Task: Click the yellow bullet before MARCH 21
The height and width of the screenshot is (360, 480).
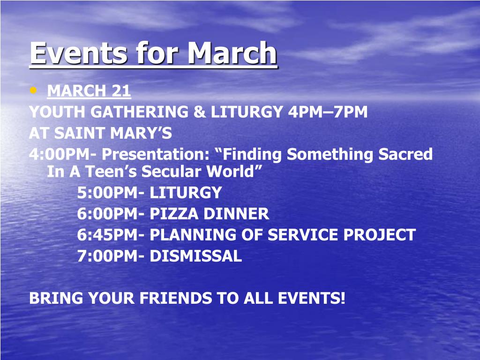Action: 33,90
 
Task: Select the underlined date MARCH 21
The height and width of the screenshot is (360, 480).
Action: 89,91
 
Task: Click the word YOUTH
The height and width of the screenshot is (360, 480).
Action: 57,112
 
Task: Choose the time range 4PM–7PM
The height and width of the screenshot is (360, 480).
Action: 327,112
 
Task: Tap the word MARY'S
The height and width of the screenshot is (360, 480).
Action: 141,133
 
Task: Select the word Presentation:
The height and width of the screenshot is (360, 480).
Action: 156,154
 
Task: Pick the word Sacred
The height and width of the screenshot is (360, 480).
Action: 405,154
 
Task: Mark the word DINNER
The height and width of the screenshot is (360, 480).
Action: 236,214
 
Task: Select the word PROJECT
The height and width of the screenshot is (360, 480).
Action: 379,235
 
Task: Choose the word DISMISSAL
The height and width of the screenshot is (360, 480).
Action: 195,256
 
